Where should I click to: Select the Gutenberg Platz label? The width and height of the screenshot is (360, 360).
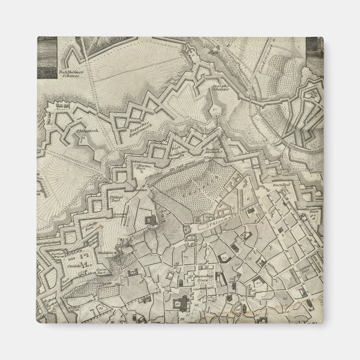(201, 276)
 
